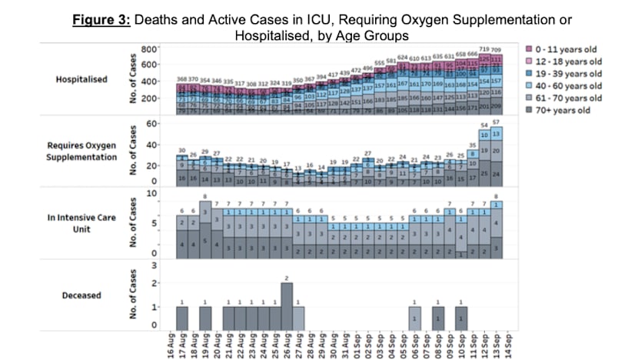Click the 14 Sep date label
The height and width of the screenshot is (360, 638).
coord(508,345)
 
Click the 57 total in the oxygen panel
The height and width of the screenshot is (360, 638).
coord(497,123)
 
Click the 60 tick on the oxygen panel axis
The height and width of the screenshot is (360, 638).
coord(152,124)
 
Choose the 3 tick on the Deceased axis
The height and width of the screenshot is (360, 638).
coord(155,266)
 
